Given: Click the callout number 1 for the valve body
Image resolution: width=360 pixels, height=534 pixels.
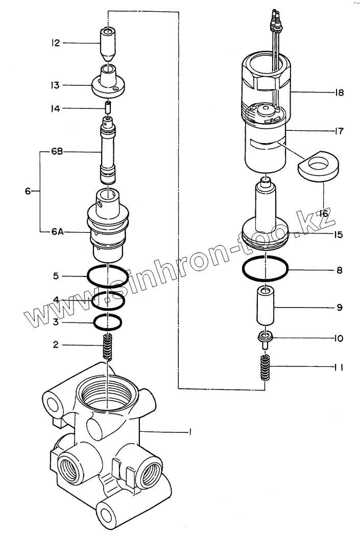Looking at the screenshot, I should [x=189, y=432].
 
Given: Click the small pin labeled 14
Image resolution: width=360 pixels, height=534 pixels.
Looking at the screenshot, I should [x=108, y=108].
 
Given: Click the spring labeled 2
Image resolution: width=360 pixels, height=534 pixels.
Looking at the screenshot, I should [x=108, y=347].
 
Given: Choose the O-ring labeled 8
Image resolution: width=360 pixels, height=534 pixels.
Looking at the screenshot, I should [x=266, y=268].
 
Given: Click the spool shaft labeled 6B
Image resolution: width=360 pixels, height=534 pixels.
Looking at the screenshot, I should [x=108, y=153].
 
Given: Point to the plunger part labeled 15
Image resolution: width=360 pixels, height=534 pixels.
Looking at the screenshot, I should [x=266, y=215].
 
